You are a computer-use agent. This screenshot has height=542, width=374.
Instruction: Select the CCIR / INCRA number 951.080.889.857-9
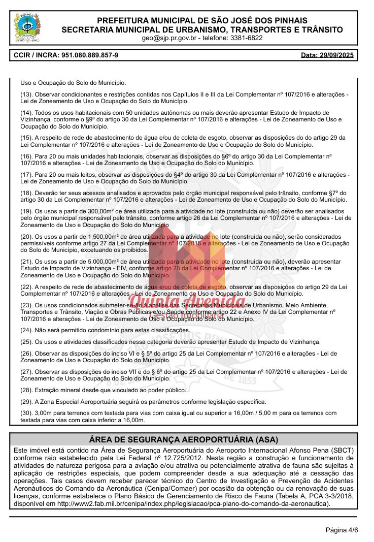tap(90, 55)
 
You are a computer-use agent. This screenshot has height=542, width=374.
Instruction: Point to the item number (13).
tap(26, 95)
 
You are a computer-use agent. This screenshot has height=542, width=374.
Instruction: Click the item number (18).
tap(26, 193)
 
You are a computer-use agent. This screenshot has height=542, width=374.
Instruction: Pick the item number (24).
tap(26, 330)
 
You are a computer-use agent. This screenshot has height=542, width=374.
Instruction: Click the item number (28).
tap(26, 390)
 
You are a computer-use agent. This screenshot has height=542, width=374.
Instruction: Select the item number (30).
tap(26, 413)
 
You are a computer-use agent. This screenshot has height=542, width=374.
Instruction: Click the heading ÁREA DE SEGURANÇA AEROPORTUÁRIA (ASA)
tap(187, 439)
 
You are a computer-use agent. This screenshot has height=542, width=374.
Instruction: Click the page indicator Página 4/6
tap(342, 530)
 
